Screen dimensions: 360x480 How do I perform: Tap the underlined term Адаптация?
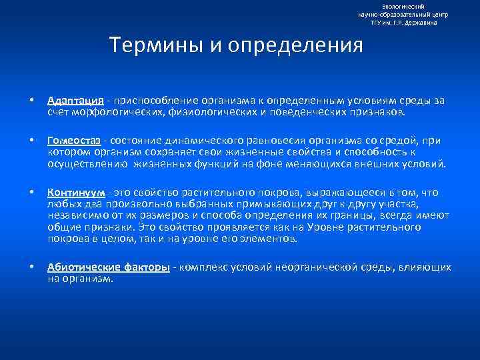[75, 101]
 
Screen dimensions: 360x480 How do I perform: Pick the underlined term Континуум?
[75, 192]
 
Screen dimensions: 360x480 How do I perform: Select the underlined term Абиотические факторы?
[108, 267]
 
